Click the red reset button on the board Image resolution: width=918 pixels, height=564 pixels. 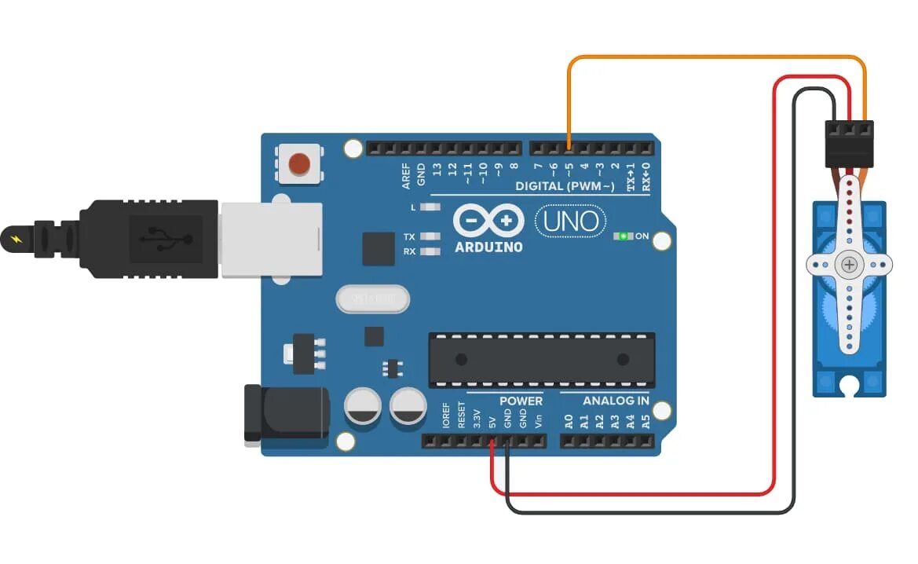299,164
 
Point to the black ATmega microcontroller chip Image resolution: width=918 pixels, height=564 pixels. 541,360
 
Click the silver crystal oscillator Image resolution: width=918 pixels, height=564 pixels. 373,299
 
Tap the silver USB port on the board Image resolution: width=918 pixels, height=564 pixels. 271,240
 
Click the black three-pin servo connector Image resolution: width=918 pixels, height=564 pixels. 849,144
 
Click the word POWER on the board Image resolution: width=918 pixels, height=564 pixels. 521,401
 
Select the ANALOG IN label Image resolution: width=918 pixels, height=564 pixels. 616,401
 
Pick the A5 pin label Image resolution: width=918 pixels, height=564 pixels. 646,421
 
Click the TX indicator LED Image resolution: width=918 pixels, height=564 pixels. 429,236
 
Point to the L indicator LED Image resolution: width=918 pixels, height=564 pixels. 429,207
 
